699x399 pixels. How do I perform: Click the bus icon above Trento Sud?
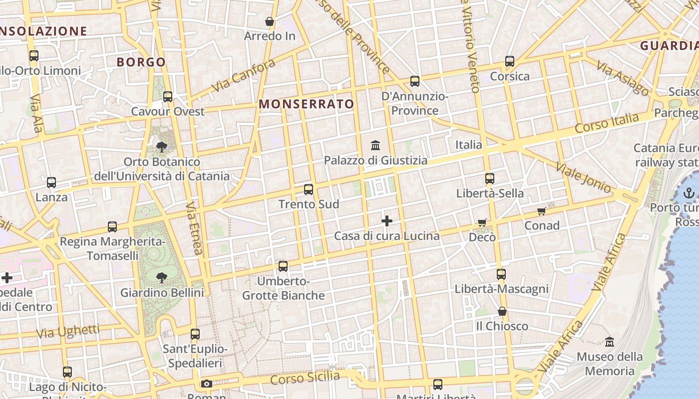tap(309, 190)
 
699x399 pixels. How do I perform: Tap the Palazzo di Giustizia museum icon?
tap(375, 145)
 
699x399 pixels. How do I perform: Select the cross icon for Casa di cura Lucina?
tap(387, 220)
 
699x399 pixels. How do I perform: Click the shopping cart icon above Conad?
tap(542, 211)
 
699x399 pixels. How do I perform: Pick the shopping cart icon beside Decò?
tap(482, 222)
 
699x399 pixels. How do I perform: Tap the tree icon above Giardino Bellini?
tap(161, 277)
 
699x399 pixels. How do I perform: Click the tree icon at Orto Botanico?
tap(161, 147)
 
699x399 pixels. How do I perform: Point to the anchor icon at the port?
tap(689, 194)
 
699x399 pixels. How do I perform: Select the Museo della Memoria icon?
tap(610, 342)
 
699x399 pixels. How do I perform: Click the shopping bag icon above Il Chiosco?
tap(502, 311)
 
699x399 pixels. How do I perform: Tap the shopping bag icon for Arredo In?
tap(270, 21)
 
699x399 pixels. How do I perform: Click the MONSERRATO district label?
tap(307, 104)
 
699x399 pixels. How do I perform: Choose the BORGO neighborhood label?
tap(141, 62)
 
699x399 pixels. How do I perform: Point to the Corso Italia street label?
tap(607, 123)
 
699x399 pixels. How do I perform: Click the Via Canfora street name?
tap(243, 75)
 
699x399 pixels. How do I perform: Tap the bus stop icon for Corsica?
tap(510, 61)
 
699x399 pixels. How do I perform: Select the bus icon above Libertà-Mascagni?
tap(501, 274)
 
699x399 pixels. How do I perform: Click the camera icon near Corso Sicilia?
tap(207, 384)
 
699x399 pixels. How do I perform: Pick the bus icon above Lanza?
tap(51, 183)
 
